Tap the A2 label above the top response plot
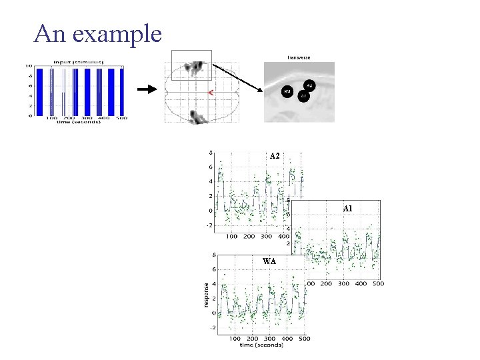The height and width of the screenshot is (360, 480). tap(275, 156)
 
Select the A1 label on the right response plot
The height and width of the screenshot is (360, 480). tap(347, 209)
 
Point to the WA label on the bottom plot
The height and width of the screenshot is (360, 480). tap(269, 261)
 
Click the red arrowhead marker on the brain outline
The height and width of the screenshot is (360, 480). tap(211, 93)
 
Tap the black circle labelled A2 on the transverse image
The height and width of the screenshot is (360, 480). tap(309, 85)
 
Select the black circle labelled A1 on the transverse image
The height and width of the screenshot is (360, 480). tap(303, 96)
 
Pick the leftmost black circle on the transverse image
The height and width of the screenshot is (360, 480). tap(287, 91)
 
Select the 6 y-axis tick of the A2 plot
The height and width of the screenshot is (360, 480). tap(211, 167)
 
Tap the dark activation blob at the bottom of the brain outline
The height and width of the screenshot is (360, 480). tap(197, 118)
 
